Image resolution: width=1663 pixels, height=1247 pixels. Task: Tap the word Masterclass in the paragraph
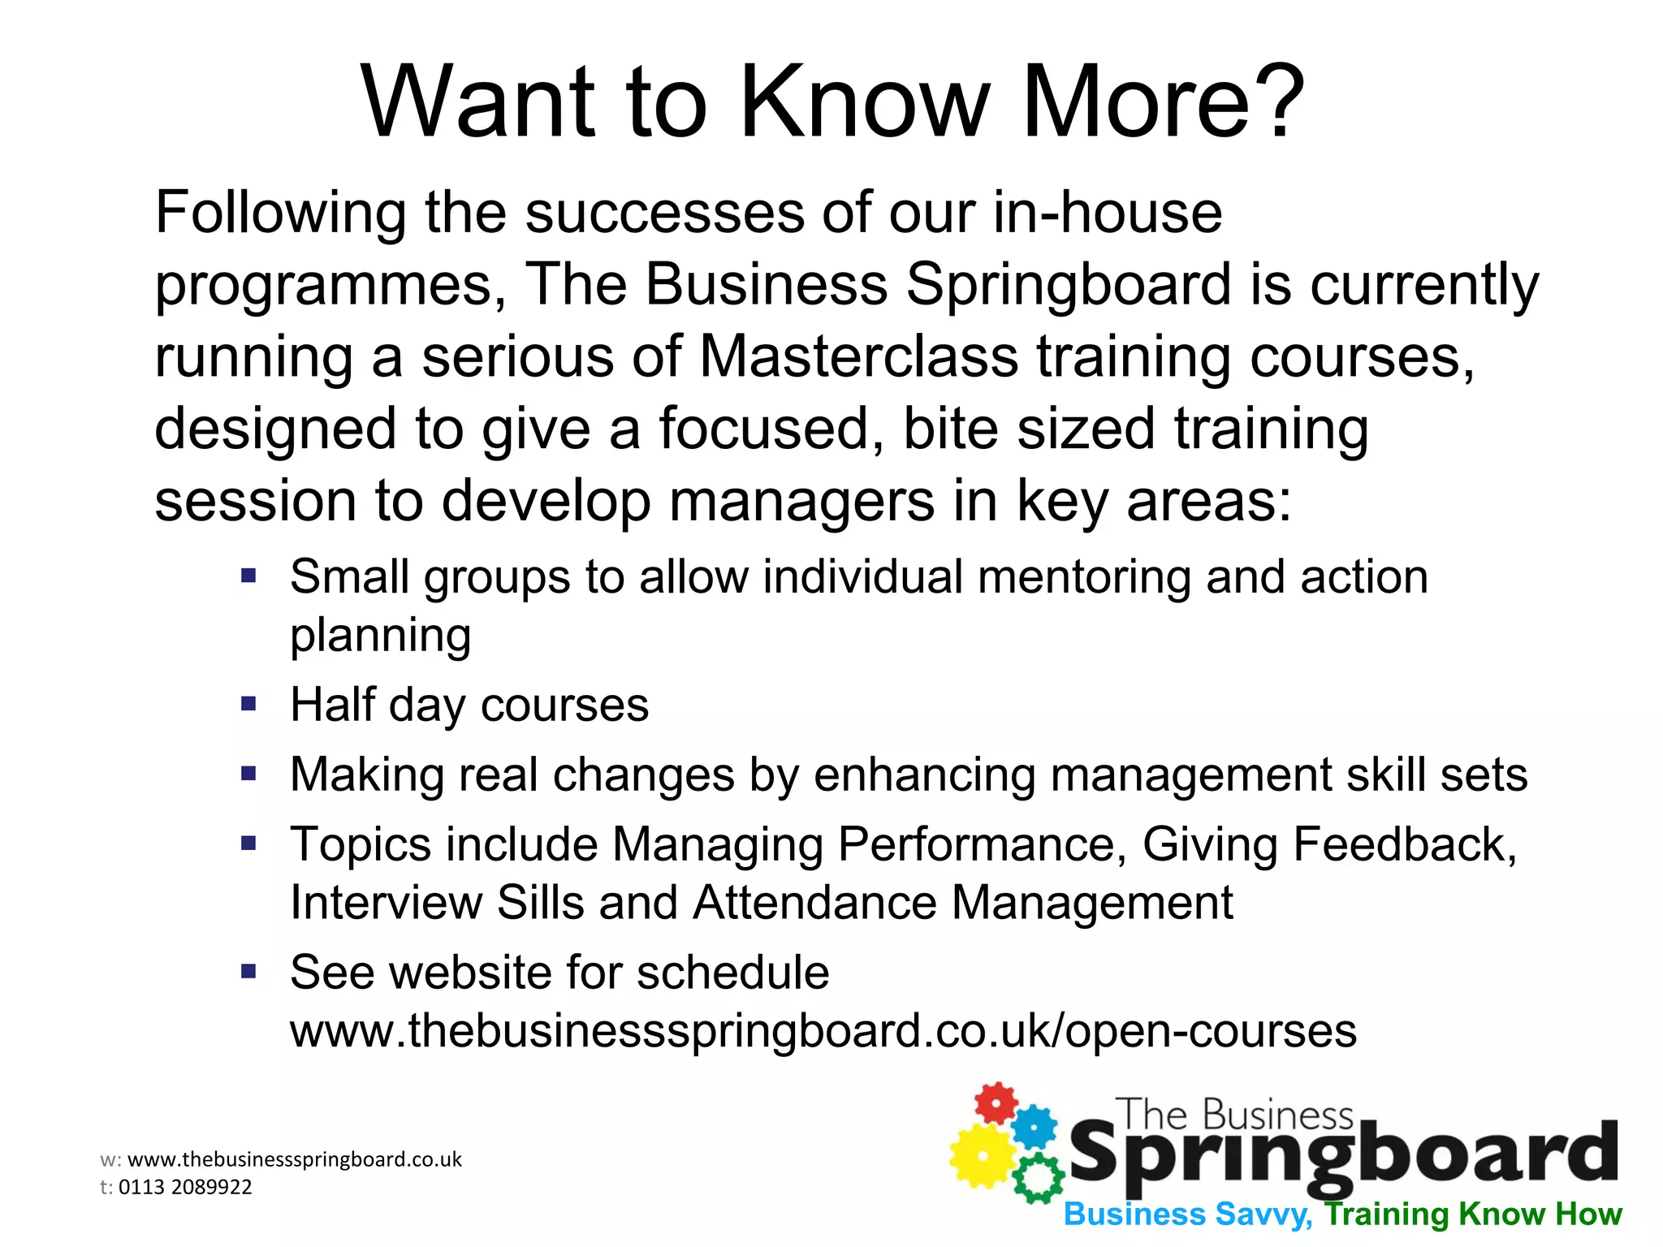pos(858,356)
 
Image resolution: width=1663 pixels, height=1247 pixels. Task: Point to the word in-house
pos(1108,213)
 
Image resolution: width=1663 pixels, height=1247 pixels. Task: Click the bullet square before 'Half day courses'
pos(248,703)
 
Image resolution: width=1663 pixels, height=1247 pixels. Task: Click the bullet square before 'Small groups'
pos(248,576)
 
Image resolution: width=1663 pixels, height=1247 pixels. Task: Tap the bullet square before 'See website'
pos(248,971)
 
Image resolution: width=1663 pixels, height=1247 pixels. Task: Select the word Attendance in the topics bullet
pos(814,903)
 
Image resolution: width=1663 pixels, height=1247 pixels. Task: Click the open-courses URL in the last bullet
pos(823,1031)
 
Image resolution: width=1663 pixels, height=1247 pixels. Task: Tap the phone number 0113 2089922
pos(185,1187)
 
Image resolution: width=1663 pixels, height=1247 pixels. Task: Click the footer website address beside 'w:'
pos(295,1159)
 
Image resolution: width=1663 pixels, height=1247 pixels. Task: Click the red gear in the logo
pos(996,1103)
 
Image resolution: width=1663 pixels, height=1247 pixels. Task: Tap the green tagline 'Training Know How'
pos(1472,1215)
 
